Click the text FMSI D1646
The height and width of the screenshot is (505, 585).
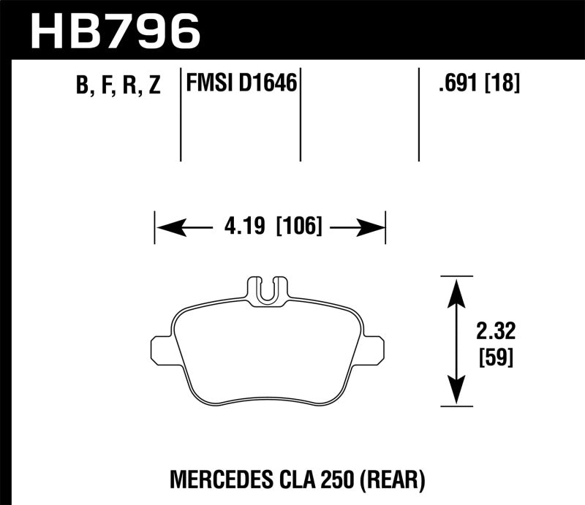[242, 84]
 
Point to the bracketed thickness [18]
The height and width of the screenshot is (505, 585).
[502, 84]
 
